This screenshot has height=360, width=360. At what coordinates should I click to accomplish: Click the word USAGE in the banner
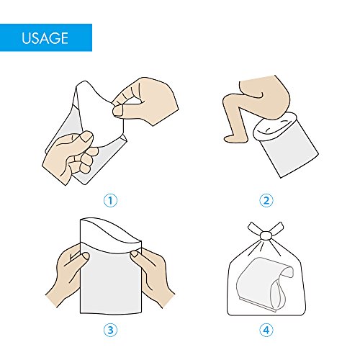click(x=45, y=38)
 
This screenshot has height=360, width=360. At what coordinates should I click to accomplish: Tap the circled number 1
click(x=110, y=200)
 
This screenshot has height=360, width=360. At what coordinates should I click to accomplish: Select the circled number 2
click(x=266, y=200)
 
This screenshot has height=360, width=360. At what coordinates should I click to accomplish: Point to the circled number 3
click(x=110, y=330)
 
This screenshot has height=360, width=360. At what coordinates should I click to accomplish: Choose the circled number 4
click(x=266, y=330)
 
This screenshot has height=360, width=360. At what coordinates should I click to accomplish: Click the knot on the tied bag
click(x=265, y=235)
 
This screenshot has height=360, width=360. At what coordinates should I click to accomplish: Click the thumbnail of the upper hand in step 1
click(x=118, y=111)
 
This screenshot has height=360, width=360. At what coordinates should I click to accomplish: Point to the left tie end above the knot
click(x=254, y=228)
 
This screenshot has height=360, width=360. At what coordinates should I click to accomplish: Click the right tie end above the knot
click(x=276, y=228)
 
